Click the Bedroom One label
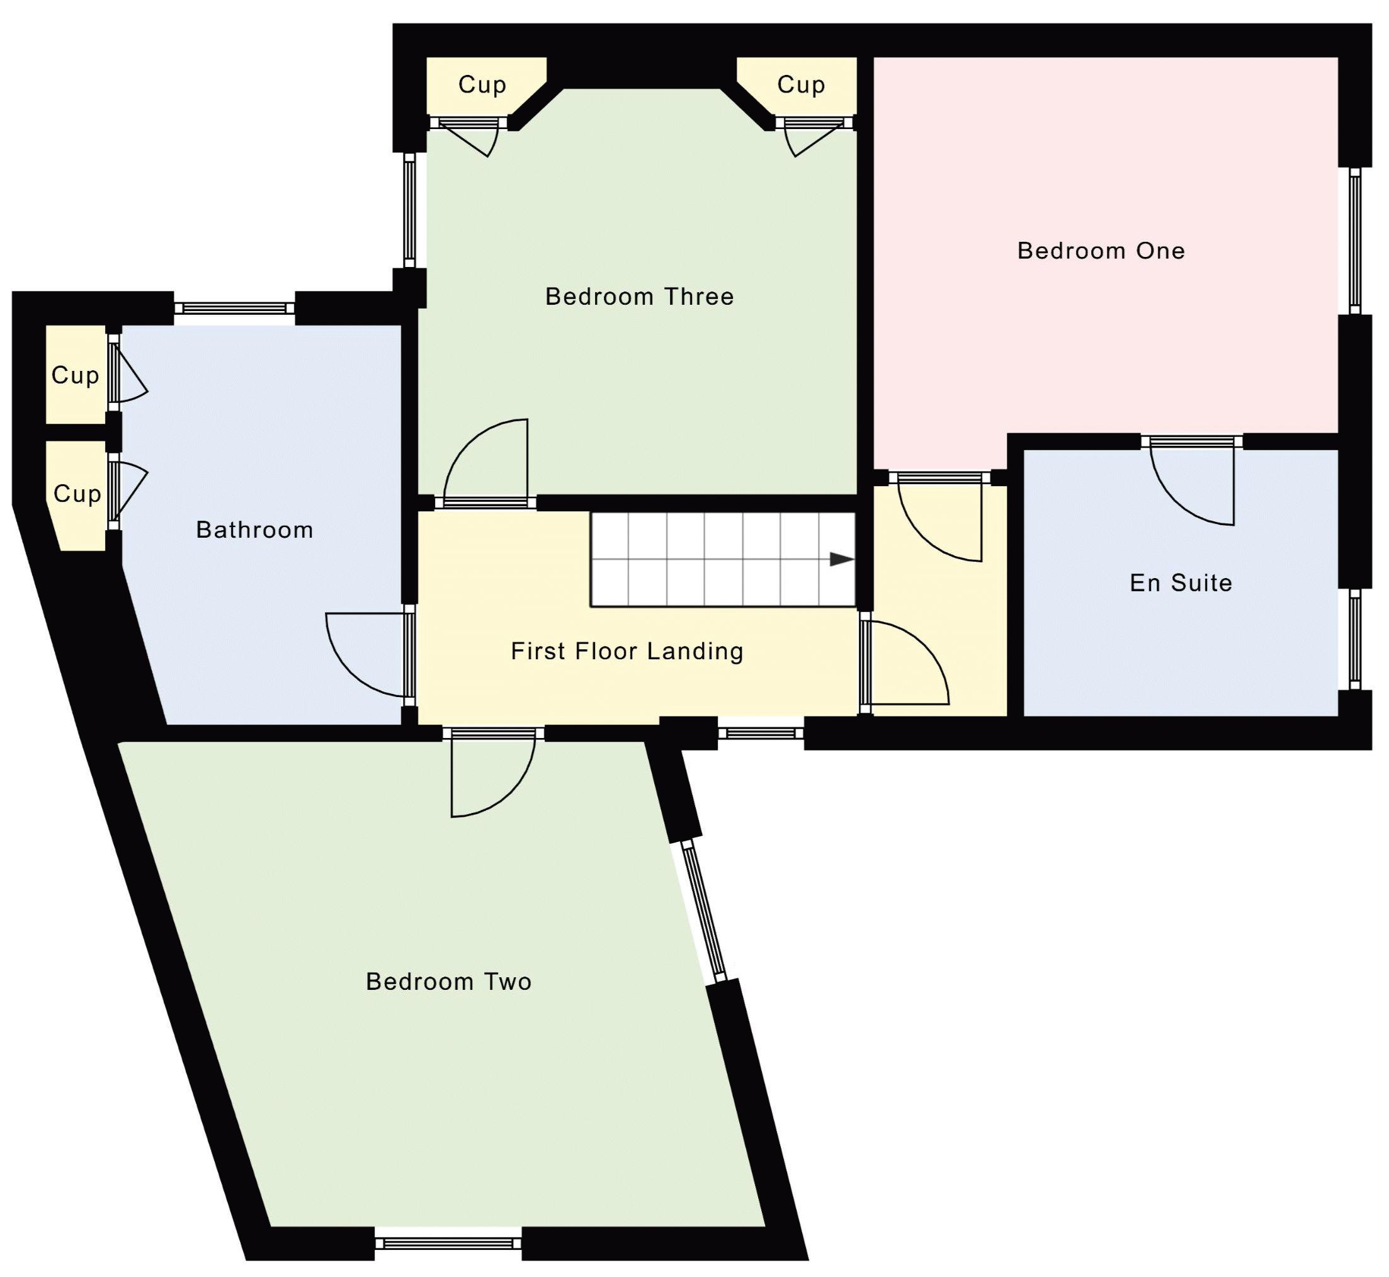tap(1100, 250)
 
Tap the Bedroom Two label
tap(448, 981)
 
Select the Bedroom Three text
tap(639, 297)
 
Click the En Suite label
tap(1181, 582)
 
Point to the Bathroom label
tap(254, 530)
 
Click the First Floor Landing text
tap(626, 651)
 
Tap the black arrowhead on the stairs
tap(841, 560)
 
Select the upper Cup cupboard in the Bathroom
tap(75, 375)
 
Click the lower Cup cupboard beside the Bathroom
tap(77, 494)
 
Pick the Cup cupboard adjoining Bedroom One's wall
tap(800, 84)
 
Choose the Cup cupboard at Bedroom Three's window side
tap(482, 84)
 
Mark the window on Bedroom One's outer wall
tap(1354, 241)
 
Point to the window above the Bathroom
tap(234, 308)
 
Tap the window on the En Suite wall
tap(1354, 638)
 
